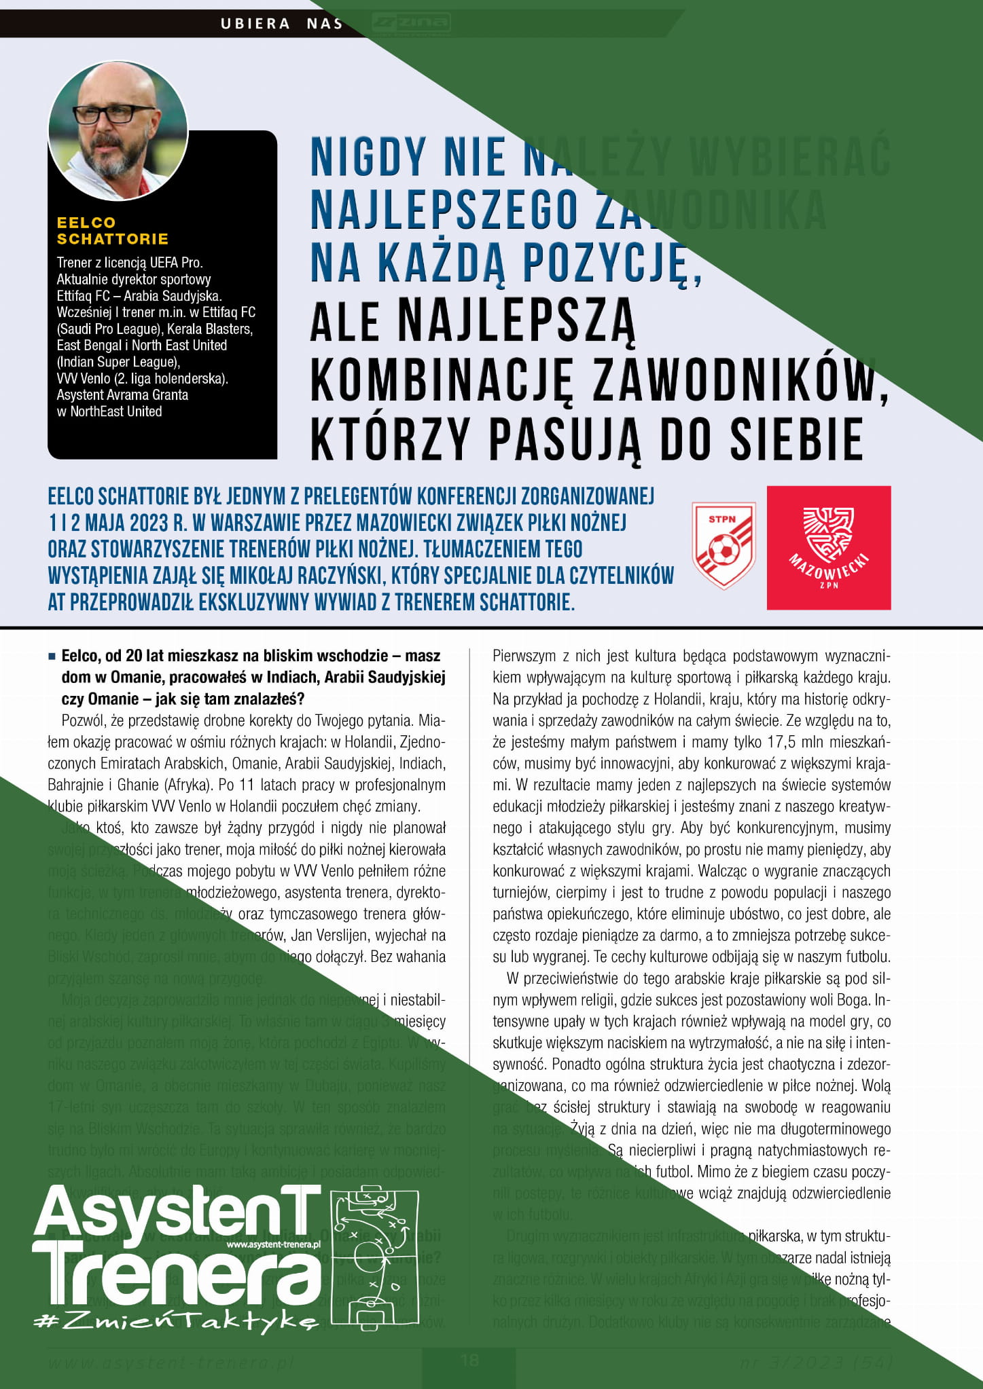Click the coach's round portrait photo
click(118, 131)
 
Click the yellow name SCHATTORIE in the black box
click(113, 239)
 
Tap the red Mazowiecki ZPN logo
click(828, 547)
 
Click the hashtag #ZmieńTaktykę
click(175, 1320)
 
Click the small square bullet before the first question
click(52, 657)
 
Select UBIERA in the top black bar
click(255, 24)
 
